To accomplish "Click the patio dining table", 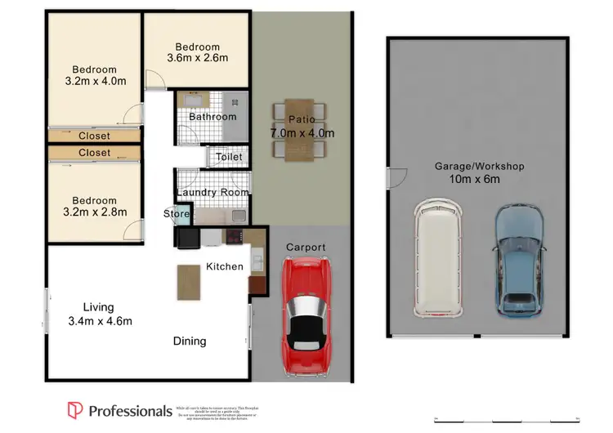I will (x=301, y=129).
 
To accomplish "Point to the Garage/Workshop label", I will (x=479, y=166).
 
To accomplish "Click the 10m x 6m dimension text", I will (x=474, y=179).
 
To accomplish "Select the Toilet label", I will (x=229, y=157).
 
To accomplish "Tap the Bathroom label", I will (x=213, y=117).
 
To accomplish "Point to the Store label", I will (x=177, y=214).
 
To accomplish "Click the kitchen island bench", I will (x=188, y=282).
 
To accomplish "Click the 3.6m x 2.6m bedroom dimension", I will (x=197, y=58).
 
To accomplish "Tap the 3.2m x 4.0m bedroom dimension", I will (x=94, y=82).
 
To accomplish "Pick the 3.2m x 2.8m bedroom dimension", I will (x=94, y=213).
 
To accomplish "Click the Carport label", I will (x=306, y=247).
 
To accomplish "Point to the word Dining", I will (x=189, y=341).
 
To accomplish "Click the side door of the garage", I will (x=395, y=177).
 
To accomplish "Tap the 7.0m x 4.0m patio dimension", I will (x=302, y=133).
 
